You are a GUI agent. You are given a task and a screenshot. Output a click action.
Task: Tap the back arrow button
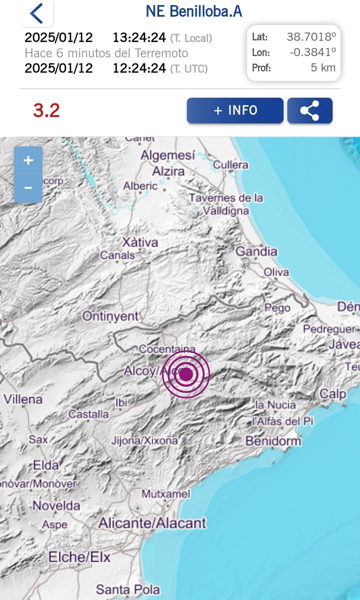pyautogui.click(x=36, y=13)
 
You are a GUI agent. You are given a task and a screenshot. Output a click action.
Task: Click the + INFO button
pyautogui.click(x=235, y=110)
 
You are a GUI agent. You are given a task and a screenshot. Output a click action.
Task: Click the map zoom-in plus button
pyautogui.click(x=28, y=160)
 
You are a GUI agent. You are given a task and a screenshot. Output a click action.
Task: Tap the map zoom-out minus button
pyautogui.click(x=28, y=188)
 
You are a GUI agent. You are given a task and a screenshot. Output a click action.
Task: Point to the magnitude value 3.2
pyautogui.click(x=46, y=110)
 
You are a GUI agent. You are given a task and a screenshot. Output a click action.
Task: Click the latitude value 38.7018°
pyautogui.click(x=311, y=37)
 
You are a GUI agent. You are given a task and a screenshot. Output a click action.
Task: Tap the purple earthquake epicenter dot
pyautogui.click(x=186, y=374)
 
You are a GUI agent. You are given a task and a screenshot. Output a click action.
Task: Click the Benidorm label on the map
pyautogui.click(x=273, y=441)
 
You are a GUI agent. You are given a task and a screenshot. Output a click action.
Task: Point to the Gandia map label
pyautogui.click(x=256, y=251)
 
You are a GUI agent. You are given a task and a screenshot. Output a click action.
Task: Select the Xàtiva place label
pyautogui.click(x=140, y=242)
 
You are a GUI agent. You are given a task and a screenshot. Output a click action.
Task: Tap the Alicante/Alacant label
pyautogui.click(x=152, y=523)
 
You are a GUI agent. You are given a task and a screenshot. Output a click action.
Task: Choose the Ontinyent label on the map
pyautogui.click(x=110, y=316)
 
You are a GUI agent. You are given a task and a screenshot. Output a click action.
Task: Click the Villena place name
pyautogui.click(x=23, y=399)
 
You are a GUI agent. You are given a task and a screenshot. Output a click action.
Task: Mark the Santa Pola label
pyautogui.click(x=128, y=589)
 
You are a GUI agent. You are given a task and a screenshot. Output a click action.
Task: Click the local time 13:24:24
pyautogui.click(x=139, y=37)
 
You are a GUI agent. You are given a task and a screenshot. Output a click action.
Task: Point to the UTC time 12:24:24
pyautogui.click(x=139, y=68)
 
